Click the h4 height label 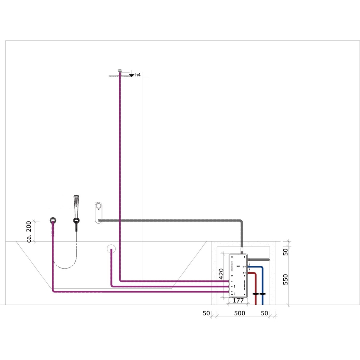click(x=138, y=75)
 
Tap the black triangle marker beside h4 click(x=131, y=75)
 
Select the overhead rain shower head click(x=119, y=75)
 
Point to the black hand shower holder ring click(x=76, y=221)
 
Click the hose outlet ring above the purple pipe click(x=53, y=221)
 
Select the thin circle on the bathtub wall click(x=111, y=249)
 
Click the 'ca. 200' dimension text click(x=29, y=231)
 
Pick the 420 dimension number click(x=221, y=273)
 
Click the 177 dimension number click(x=238, y=300)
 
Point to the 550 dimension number click(x=285, y=280)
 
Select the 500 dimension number click(x=239, y=313)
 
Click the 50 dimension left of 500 click(x=207, y=313)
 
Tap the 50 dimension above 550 click(x=285, y=251)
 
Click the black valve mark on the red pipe click(x=255, y=294)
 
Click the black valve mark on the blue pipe click(x=262, y=294)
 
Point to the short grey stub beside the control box click(x=263, y=260)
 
